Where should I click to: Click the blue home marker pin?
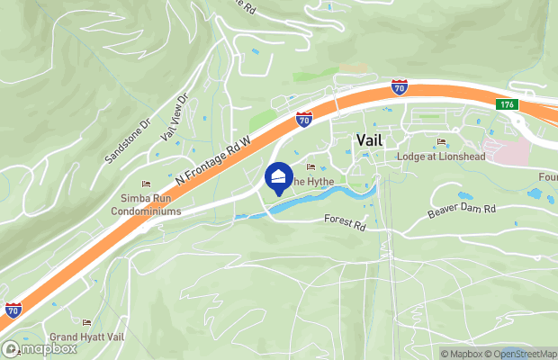point(279,176)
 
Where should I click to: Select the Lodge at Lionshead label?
point(440,157)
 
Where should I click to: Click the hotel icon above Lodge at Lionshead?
point(441,142)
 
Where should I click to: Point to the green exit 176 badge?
point(506,105)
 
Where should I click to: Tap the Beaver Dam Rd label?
point(462,210)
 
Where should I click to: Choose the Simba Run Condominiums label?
point(146,204)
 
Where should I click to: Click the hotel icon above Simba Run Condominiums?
point(146,184)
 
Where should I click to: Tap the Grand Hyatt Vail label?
point(87,337)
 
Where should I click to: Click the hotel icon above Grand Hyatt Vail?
point(87,322)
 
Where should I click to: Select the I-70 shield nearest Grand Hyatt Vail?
point(13,309)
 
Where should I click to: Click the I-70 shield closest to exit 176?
point(399,87)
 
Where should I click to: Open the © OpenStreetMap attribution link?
point(526,354)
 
